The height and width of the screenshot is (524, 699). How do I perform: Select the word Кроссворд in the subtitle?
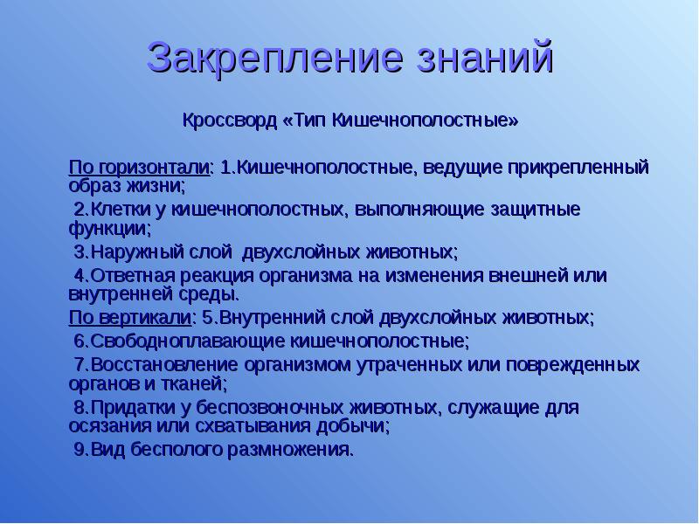(x=229, y=120)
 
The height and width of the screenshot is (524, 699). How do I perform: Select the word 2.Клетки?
(x=103, y=210)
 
